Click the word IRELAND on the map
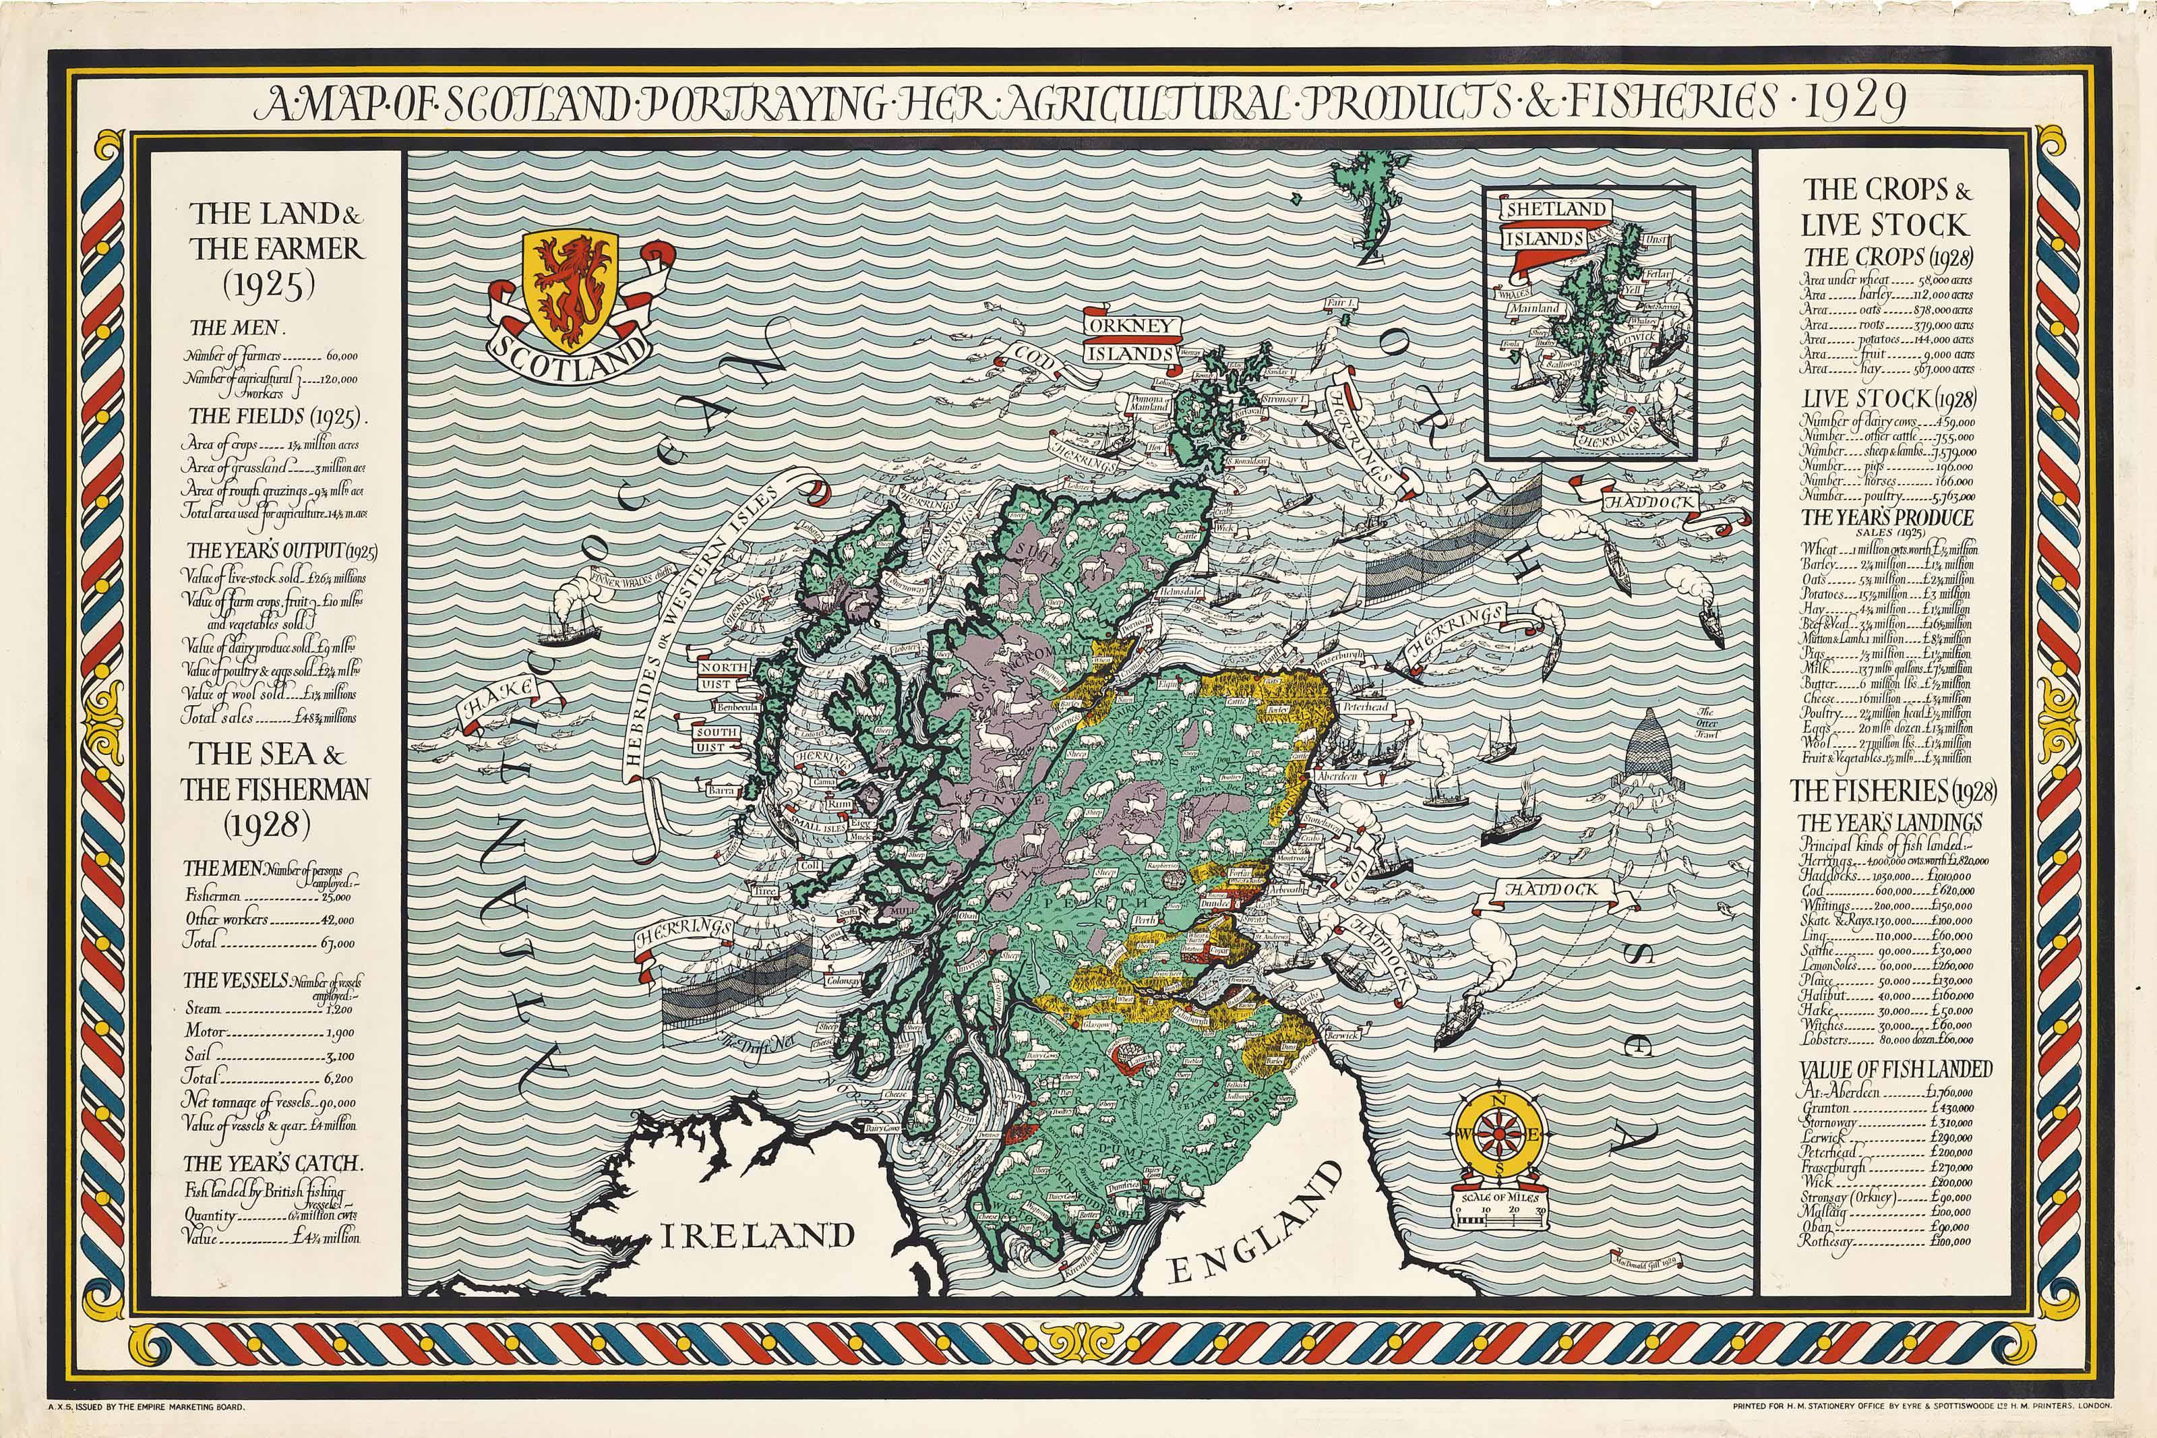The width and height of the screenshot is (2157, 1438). [x=757, y=1234]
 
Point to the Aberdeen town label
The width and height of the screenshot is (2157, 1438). [x=1335, y=775]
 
